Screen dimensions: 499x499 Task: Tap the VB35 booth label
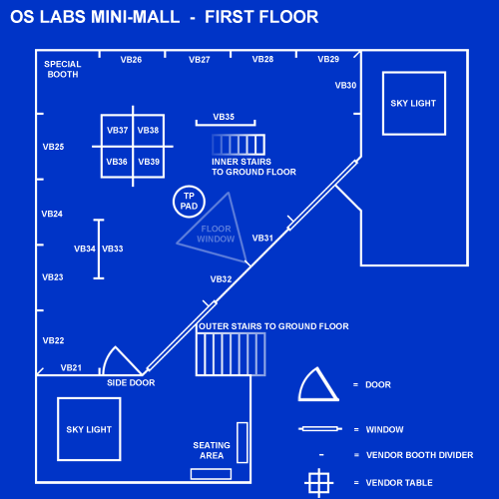[x=224, y=117]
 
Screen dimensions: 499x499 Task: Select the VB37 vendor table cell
[x=117, y=130]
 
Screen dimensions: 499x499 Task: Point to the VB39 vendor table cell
[x=149, y=162]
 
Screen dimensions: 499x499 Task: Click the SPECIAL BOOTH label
[x=63, y=69]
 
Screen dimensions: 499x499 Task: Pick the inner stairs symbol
[x=239, y=145]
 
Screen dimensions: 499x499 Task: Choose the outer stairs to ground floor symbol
[x=231, y=354]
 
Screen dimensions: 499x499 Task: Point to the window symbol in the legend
[x=320, y=429]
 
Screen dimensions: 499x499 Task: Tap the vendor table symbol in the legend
[x=318, y=483]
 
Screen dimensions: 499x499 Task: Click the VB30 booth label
[x=345, y=86]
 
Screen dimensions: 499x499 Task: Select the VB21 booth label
[x=71, y=367]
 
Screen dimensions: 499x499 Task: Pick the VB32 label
[x=221, y=279]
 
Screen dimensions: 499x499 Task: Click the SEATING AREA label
[x=212, y=450]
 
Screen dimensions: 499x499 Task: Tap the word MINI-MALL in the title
[x=135, y=17]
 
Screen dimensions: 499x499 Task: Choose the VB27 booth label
[x=200, y=60]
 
